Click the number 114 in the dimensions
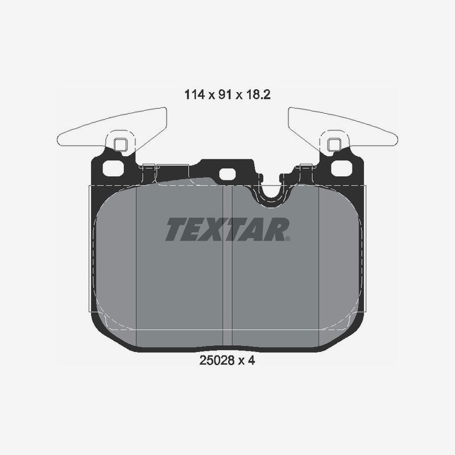pyautogui.click(x=195, y=94)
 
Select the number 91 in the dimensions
pyautogui.click(x=225, y=94)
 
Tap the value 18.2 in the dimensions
pyautogui.click(x=258, y=94)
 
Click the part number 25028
pyautogui.click(x=217, y=361)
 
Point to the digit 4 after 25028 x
pyautogui.click(x=251, y=361)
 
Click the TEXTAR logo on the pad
pyautogui.click(x=227, y=229)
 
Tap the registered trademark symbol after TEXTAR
pyautogui.click(x=288, y=239)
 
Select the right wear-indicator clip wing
pyautogui.click(x=343, y=127)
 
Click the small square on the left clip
pyautogui.click(x=120, y=144)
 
